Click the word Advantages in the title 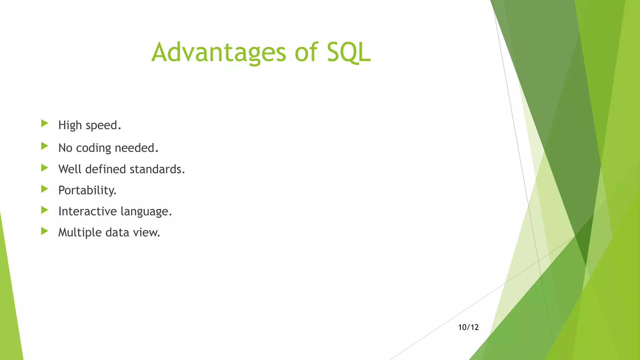pos(218,52)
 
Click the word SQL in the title pos(348,52)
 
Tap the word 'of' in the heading pos(306,52)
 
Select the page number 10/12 pos(468,327)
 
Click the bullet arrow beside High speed pos(45,123)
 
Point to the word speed pos(102,126)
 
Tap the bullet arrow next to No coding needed pos(45,146)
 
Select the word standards pos(157,169)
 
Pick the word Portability pos(87,190)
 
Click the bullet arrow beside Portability pos(45,189)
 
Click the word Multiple pos(80,233)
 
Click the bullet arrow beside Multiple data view pos(45,231)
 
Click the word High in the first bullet pos(70,125)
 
